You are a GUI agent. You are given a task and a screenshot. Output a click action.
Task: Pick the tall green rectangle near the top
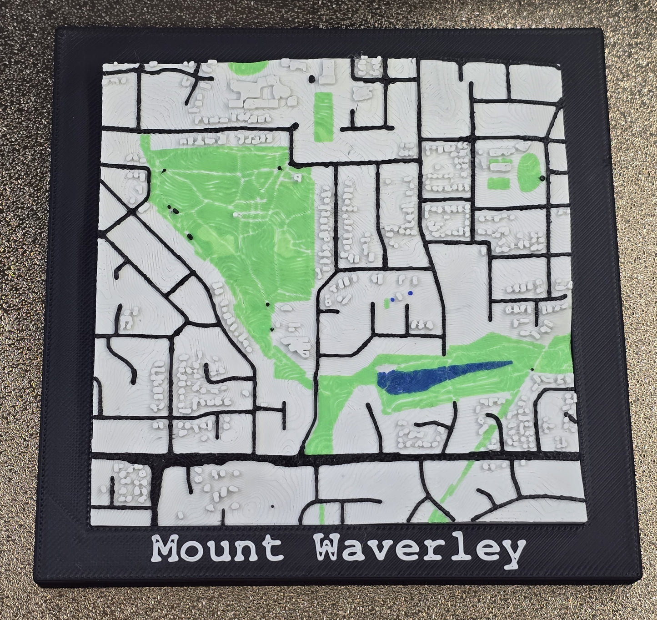click(x=323, y=116)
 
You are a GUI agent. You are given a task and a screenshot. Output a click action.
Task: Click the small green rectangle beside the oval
click(x=497, y=183)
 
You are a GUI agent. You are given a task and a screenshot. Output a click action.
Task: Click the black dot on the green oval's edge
click(x=542, y=178)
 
